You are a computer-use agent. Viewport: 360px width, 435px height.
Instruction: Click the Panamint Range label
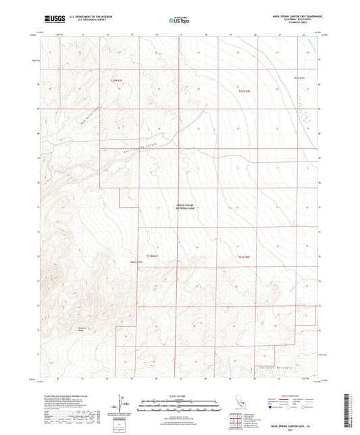(x=69, y=331)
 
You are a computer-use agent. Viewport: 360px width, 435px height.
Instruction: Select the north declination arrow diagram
(x=122, y=405)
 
